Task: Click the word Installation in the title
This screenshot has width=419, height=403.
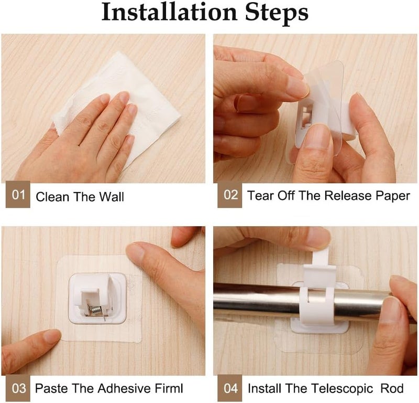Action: pyautogui.click(x=169, y=12)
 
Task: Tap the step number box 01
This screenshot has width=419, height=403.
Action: pyautogui.click(x=18, y=195)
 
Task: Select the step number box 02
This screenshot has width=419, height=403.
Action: pyautogui.click(x=229, y=195)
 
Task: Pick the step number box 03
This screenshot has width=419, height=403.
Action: pyautogui.click(x=18, y=388)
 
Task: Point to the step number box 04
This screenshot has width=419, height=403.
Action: pyautogui.click(x=229, y=388)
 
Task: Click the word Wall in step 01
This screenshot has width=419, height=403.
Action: pyautogui.click(x=112, y=197)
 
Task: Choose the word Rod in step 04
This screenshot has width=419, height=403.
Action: pyautogui.click(x=392, y=388)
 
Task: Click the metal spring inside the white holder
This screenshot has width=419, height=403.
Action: pyautogui.click(x=96, y=310)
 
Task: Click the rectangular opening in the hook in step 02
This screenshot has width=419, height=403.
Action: pyautogui.click(x=306, y=115)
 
